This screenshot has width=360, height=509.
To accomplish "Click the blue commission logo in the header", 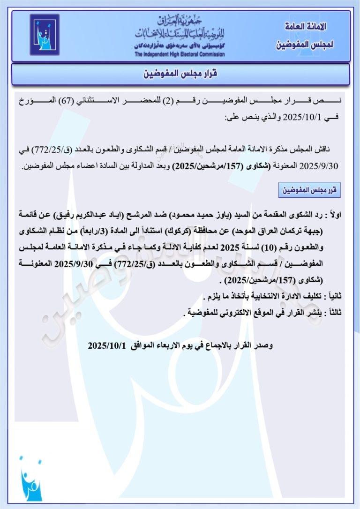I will point(45,35).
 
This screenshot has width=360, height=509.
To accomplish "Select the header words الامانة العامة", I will point(306,26).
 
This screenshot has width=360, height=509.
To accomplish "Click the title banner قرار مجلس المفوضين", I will point(180,74).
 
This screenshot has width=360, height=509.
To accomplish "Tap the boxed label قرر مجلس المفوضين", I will point(309,191).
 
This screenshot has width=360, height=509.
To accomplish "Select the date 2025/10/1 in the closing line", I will point(107,345).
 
